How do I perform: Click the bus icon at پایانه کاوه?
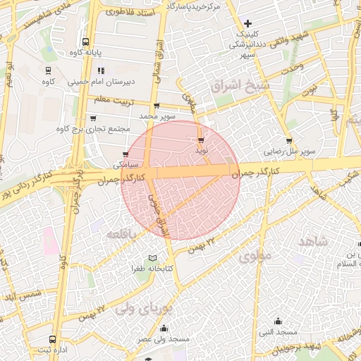(85, 42)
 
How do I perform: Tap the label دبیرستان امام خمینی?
(99, 81)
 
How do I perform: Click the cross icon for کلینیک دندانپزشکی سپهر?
(247, 23)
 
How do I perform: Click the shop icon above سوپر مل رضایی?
(289, 141)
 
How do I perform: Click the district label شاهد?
(313, 242)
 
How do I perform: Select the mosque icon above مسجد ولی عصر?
(164, 328)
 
